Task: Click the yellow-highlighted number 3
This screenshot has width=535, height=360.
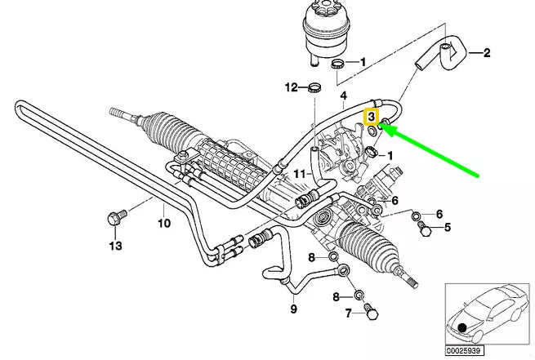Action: click(372, 117)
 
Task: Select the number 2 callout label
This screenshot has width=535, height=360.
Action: click(486, 55)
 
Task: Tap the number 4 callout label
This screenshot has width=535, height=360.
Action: click(344, 96)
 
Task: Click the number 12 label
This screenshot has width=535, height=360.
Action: click(291, 87)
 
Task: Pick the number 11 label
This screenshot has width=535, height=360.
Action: click(299, 174)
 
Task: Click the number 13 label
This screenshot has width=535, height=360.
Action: click(114, 245)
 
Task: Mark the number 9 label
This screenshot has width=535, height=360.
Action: click(293, 309)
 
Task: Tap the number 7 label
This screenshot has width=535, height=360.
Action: click(347, 313)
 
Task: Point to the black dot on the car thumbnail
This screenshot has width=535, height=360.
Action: click(463, 327)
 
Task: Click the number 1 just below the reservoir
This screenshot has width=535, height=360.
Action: click(363, 61)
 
